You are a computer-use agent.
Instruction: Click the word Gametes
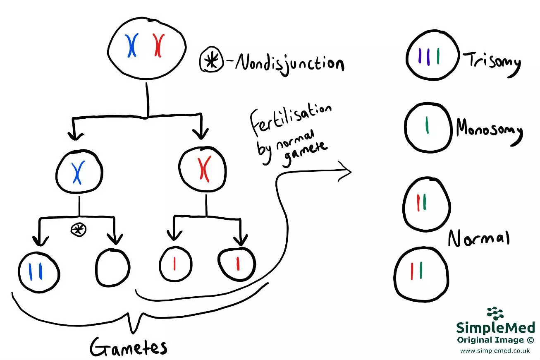click(129, 348)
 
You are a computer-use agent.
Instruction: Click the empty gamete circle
click(112, 267)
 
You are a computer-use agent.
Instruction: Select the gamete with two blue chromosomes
click(39, 272)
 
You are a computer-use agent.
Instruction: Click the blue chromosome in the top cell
click(132, 45)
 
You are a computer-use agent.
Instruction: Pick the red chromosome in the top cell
click(158, 45)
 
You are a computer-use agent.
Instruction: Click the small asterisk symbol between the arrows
click(78, 230)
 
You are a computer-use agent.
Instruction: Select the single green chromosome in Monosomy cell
click(427, 127)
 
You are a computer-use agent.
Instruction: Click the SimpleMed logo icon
click(495, 315)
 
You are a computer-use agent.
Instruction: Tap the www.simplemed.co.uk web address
click(495, 351)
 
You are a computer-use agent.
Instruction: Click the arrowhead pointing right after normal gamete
click(345, 171)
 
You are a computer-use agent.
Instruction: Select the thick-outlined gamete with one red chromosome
click(237, 264)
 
